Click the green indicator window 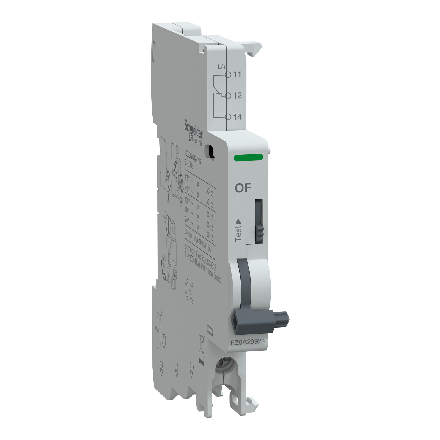[248, 158]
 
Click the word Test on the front [238, 233]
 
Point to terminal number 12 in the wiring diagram [237, 96]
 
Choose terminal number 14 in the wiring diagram [237, 117]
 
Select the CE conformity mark [189, 291]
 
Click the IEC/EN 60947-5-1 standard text [193, 160]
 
